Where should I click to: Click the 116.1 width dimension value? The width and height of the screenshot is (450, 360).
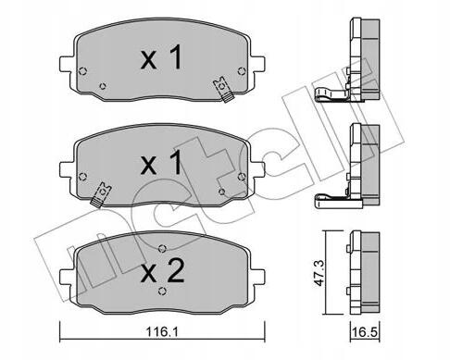coord(162,332)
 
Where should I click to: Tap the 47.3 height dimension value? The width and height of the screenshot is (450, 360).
coord(319,273)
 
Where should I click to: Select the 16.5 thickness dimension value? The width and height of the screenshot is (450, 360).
coord(365,332)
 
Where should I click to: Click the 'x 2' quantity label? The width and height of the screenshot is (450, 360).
coord(162,272)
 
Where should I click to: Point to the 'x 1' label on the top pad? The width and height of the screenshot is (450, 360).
coord(161,57)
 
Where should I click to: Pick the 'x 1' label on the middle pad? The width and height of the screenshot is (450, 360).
coord(161,163)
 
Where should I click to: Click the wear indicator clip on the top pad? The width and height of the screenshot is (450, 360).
coord(224,90)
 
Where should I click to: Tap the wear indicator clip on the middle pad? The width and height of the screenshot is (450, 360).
coord(100,194)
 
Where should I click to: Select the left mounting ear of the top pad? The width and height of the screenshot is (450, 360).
coord(67,64)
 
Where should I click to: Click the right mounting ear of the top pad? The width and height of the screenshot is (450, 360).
coord(257,64)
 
